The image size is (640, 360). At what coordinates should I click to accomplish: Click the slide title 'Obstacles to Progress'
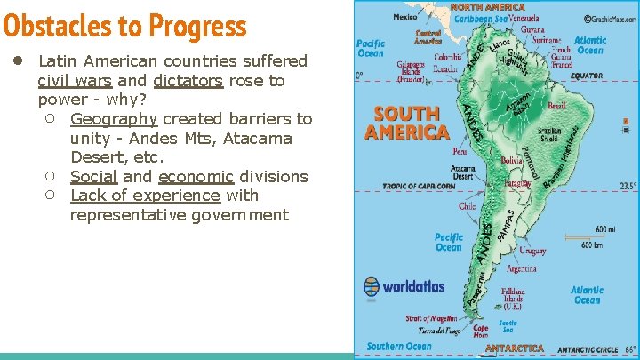point(124,27)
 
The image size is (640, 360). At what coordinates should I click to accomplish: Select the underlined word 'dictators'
point(188,81)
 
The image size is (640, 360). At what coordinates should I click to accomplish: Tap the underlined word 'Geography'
point(114,119)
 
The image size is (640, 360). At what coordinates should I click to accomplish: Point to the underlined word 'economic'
point(196,176)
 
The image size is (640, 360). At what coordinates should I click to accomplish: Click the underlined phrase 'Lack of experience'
point(145,196)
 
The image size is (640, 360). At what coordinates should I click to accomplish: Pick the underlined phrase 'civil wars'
point(75,81)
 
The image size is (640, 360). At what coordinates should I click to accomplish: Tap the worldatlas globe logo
point(372,287)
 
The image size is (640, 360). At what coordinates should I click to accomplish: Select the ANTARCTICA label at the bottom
point(515,348)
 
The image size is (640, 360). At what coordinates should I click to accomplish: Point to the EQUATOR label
point(587,76)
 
